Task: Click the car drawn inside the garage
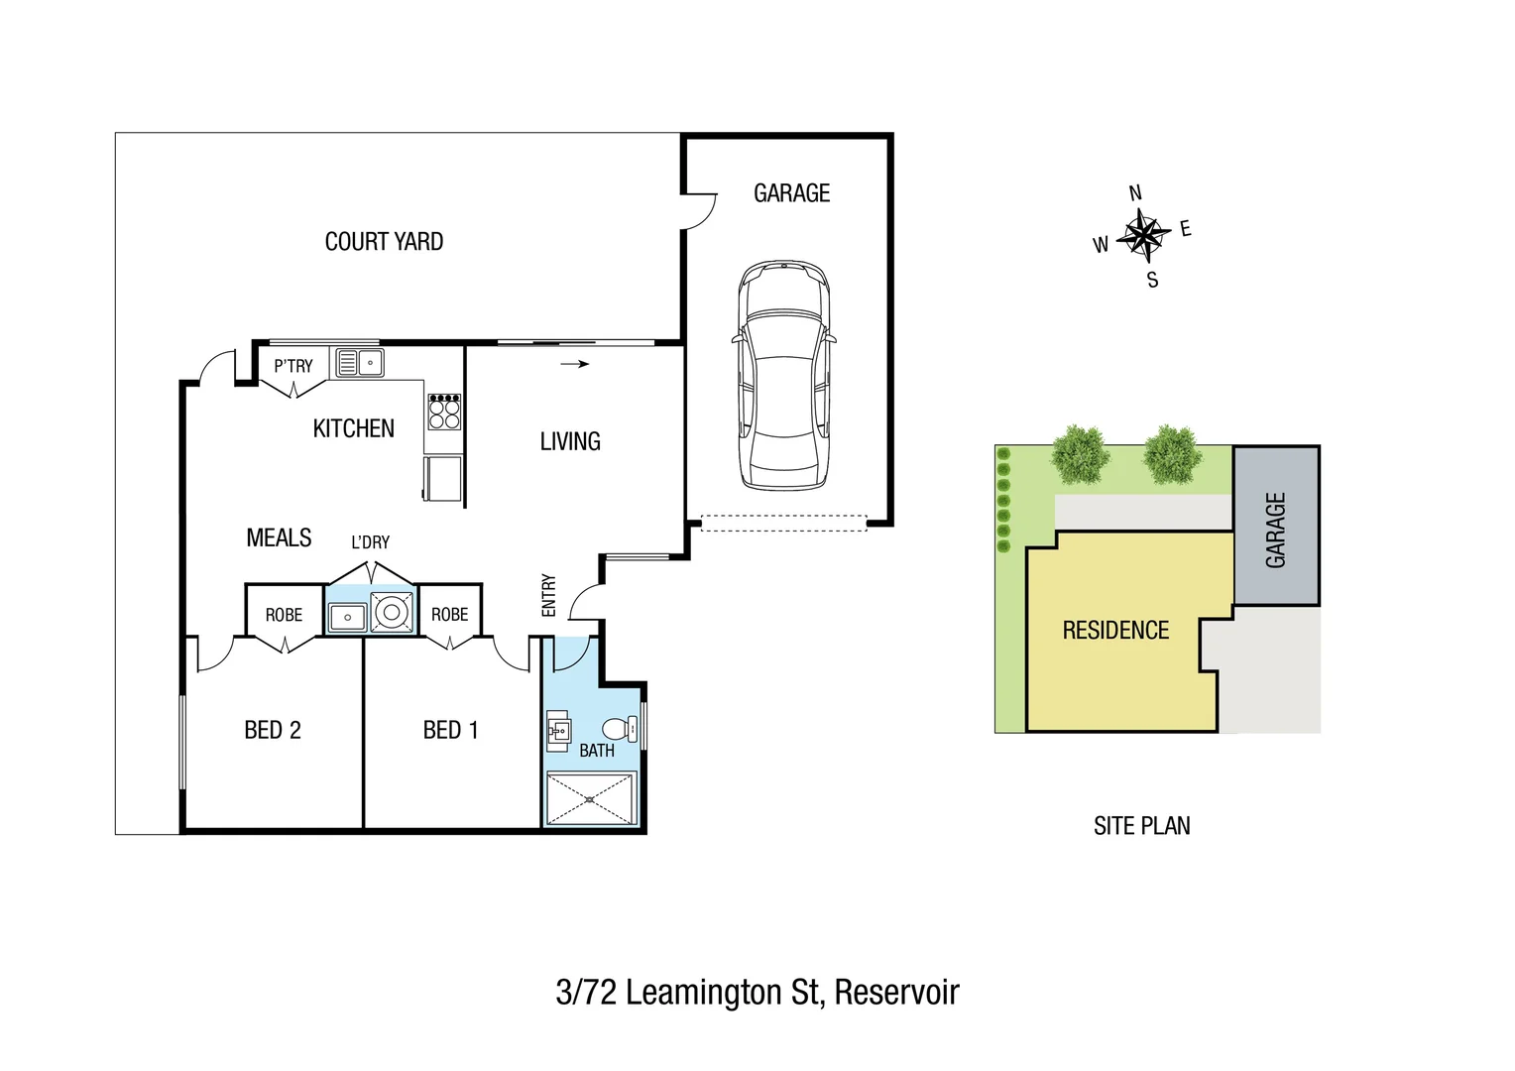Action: [x=783, y=377]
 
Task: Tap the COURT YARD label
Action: [x=384, y=242]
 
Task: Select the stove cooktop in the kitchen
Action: [x=444, y=412]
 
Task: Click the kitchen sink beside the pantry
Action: [x=359, y=363]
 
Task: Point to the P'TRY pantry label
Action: [x=293, y=366]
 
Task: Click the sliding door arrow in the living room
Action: [x=575, y=364]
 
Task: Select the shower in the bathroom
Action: [x=590, y=799]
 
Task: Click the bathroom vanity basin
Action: [x=558, y=731]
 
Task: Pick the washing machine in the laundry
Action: [x=393, y=613]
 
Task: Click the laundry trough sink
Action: [x=347, y=617]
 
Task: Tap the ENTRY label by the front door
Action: [x=549, y=595]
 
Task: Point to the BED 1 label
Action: [x=450, y=731]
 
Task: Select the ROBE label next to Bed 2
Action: [x=284, y=615]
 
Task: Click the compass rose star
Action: [x=1144, y=236]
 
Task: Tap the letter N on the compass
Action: [x=1135, y=193]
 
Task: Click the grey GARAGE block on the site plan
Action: [x=1276, y=527]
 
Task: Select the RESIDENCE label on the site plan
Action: [x=1115, y=631]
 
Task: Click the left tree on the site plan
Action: [x=1080, y=455]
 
